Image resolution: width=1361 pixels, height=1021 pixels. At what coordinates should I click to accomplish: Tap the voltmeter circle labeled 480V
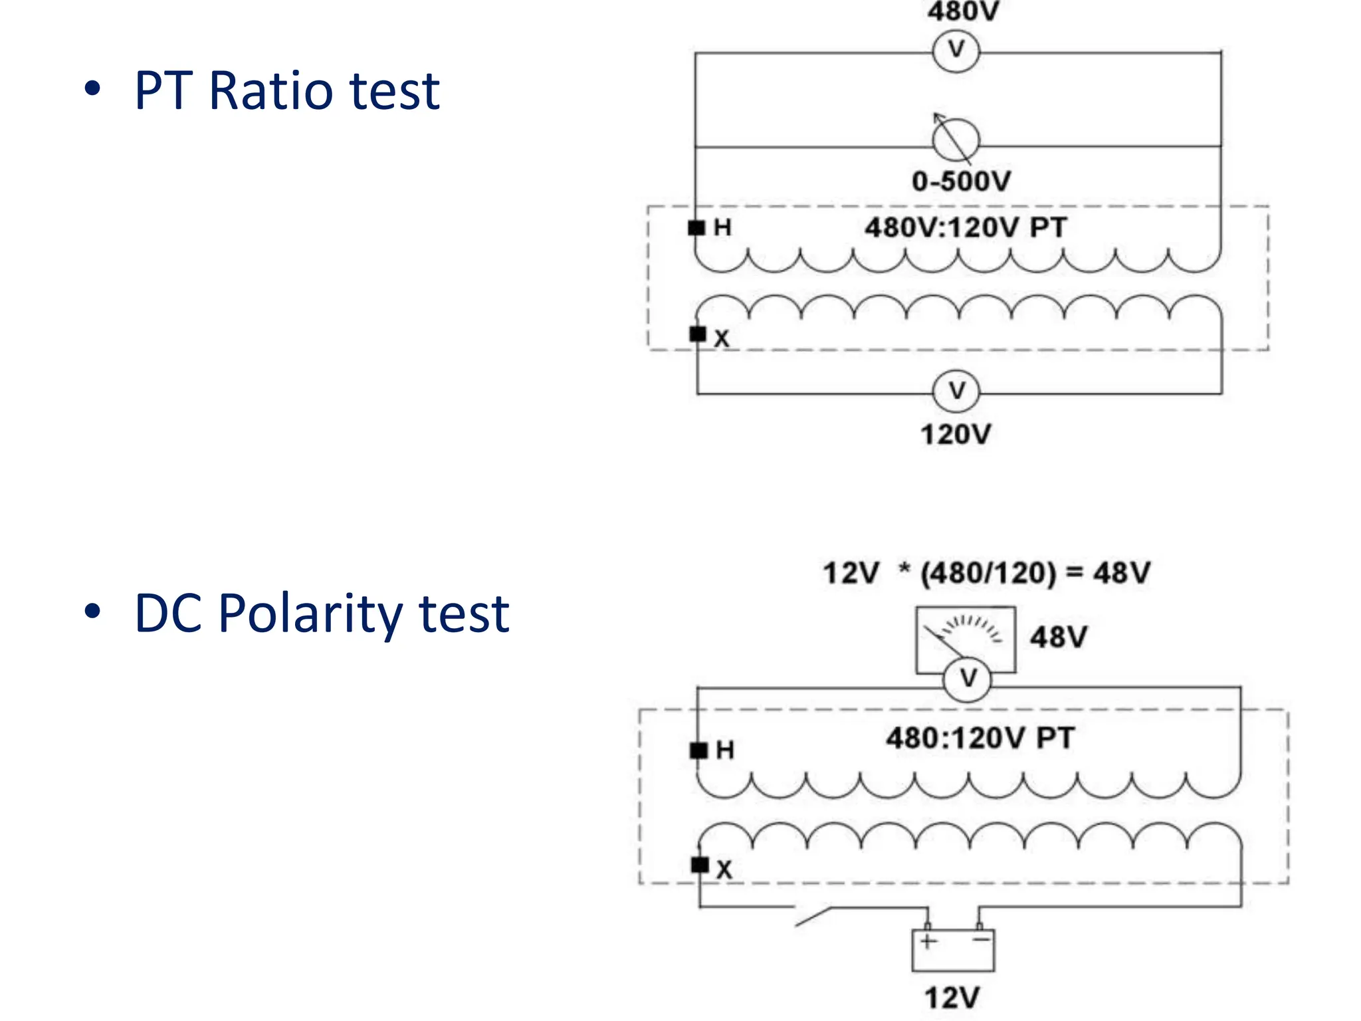[x=956, y=51]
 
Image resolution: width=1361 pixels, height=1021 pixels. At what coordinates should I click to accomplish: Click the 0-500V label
[x=961, y=181]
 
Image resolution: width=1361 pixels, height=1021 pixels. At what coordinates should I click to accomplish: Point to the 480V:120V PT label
[x=965, y=228]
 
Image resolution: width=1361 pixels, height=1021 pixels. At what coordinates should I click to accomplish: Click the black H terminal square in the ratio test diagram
[x=696, y=228]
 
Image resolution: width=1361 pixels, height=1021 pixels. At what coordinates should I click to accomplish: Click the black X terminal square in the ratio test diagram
[x=698, y=334]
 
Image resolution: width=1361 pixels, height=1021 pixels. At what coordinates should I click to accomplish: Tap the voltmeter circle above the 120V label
[x=956, y=391]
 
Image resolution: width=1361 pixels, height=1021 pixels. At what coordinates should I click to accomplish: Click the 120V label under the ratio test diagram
[x=955, y=435]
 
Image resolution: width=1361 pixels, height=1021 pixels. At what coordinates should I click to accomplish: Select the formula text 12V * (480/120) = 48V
[x=986, y=573]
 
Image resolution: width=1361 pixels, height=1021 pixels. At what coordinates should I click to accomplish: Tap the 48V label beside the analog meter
[x=1058, y=637]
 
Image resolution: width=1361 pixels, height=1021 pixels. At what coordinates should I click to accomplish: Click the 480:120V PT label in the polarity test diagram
[x=980, y=738]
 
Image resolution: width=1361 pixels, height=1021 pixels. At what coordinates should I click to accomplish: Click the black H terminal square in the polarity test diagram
[x=698, y=750]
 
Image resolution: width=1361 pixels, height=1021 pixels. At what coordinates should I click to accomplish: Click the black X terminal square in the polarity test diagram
[x=700, y=865]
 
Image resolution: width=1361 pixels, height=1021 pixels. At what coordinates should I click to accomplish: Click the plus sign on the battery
[x=928, y=941]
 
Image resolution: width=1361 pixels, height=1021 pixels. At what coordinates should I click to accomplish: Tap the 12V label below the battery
[x=952, y=998]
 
